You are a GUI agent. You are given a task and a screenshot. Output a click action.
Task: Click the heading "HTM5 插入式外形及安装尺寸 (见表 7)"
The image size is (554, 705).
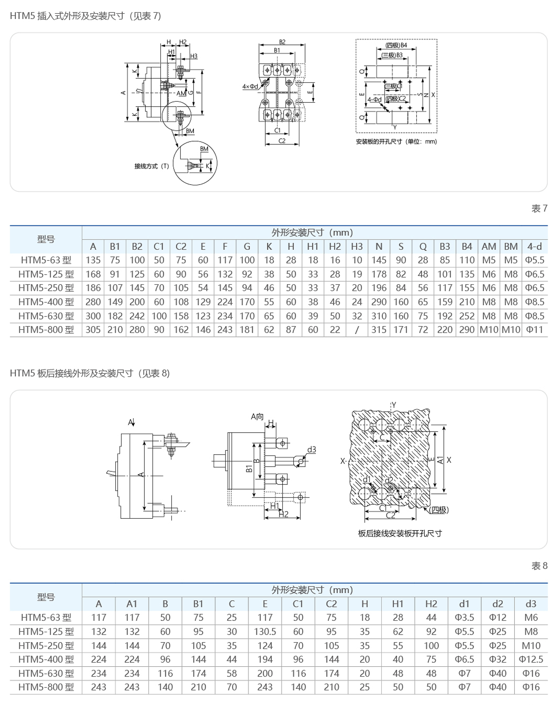point(85,16)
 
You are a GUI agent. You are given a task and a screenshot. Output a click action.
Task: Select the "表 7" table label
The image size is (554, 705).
point(539,208)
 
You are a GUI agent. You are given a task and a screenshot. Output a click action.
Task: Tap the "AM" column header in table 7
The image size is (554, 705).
point(489,246)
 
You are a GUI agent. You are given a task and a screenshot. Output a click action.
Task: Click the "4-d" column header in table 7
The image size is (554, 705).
point(534,246)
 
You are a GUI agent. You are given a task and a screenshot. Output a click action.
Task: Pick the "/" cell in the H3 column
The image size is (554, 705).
point(357,330)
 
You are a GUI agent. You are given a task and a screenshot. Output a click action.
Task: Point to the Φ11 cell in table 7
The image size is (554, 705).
point(534,330)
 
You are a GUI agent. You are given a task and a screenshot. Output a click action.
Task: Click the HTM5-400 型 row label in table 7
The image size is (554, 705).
point(46,302)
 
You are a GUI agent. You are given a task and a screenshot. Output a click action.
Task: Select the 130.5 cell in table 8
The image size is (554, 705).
point(265,632)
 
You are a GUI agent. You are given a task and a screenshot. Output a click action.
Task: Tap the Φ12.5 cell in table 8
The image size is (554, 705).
point(531,659)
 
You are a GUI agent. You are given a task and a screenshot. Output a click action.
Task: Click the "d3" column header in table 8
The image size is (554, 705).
point(531,604)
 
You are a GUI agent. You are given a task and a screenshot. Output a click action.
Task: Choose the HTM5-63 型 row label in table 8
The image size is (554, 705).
point(46,617)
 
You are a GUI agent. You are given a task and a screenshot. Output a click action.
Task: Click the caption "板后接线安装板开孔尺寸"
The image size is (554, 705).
point(400,533)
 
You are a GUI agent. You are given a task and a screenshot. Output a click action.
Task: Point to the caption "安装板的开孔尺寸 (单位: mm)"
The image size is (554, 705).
point(396,142)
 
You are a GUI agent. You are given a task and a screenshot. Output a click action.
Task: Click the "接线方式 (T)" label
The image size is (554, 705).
point(152,166)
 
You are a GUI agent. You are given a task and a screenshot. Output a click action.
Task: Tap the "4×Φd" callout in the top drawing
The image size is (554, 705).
point(250,87)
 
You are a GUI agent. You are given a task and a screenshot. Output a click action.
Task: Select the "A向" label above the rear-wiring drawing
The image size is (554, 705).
point(257,417)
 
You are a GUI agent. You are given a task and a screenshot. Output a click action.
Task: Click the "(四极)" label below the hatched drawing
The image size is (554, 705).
point(439,510)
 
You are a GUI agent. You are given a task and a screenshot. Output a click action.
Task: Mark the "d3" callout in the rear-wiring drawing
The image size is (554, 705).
point(312,450)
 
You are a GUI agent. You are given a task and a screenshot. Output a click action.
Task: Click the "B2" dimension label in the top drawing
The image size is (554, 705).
point(282,42)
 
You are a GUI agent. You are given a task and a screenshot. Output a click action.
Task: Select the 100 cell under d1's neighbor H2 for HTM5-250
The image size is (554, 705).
point(431,645)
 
